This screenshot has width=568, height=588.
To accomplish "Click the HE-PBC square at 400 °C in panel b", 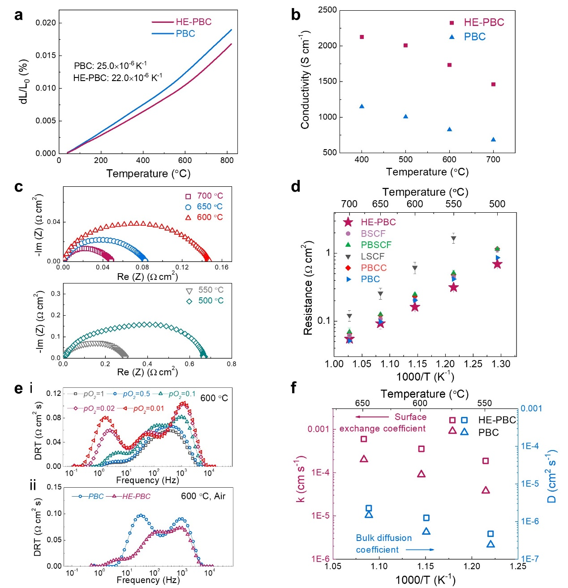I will click(361, 37).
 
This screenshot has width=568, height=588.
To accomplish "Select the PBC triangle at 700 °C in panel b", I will click(493, 139).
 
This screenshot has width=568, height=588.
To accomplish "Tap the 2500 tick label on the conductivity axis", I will click(327, 10).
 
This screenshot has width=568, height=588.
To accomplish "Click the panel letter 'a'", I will click(18, 15).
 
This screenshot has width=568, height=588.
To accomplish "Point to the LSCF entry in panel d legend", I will click(372, 256).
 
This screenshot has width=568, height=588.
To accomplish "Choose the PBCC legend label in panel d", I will click(374, 268).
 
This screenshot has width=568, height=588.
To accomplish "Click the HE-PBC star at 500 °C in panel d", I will click(497, 264).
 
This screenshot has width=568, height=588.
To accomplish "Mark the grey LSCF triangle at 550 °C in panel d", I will click(453, 239).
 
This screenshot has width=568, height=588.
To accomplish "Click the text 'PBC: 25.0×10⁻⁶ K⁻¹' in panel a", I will click(110, 66).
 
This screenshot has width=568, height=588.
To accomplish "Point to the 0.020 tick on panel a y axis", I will click(46, 23).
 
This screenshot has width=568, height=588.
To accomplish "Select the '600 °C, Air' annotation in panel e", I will click(203, 496).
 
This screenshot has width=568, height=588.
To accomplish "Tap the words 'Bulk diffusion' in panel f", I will click(383, 538).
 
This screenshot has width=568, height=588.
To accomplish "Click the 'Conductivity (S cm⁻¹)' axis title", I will click(305, 81).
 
